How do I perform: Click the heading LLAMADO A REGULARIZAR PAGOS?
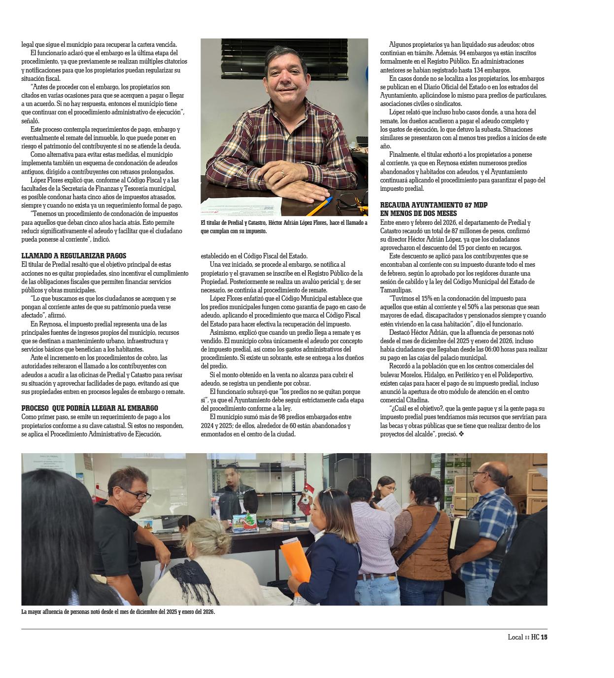pyautogui.click(x=74, y=256)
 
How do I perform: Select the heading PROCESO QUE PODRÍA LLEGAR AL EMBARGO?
pyautogui.click(x=90, y=408)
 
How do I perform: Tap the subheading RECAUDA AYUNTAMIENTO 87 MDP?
pyautogui.click(x=434, y=205)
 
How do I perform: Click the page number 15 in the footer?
pyautogui.click(x=544, y=637)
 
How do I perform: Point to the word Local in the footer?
pyautogui.click(x=515, y=637)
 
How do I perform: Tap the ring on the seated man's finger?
pyautogui.click(x=282, y=173)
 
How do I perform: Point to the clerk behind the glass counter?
pyautogui.click(x=232, y=486)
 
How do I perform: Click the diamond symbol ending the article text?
pyautogui.click(x=461, y=434)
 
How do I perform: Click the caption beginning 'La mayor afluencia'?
pyautogui.click(x=118, y=612)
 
